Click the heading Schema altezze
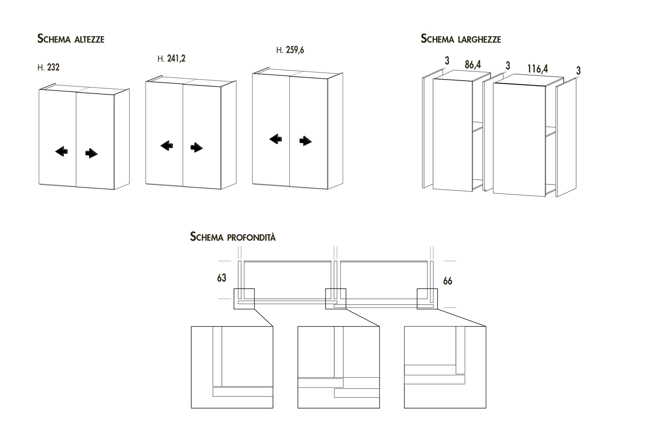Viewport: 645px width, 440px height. (71, 39)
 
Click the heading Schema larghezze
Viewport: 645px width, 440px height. (461, 39)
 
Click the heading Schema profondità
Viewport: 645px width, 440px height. (233, 237)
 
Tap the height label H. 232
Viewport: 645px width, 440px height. (49, 68)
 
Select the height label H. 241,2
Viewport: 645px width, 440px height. (172, 58)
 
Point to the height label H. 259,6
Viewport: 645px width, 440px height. (290, 50)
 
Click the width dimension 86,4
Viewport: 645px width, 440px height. (473, 65)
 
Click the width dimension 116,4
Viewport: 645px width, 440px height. (537, 68)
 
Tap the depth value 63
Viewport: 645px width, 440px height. (221, 278)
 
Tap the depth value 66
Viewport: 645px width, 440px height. (448, 281)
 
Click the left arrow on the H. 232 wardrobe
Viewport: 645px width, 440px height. (61, 151)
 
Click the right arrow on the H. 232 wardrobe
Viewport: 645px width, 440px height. (92, 153)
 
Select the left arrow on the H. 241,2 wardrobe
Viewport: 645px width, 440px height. (167, 146)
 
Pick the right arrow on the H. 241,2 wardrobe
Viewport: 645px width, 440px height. (197, 148)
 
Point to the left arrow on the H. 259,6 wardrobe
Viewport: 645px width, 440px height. (276, 139)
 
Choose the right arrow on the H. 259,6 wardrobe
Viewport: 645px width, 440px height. (305, 141)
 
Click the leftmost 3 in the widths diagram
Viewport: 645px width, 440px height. (447, 61)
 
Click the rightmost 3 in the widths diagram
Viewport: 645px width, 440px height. (578, 70)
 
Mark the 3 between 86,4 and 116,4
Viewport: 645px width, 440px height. (508, 65)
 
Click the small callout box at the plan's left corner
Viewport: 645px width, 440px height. (244, 298)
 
